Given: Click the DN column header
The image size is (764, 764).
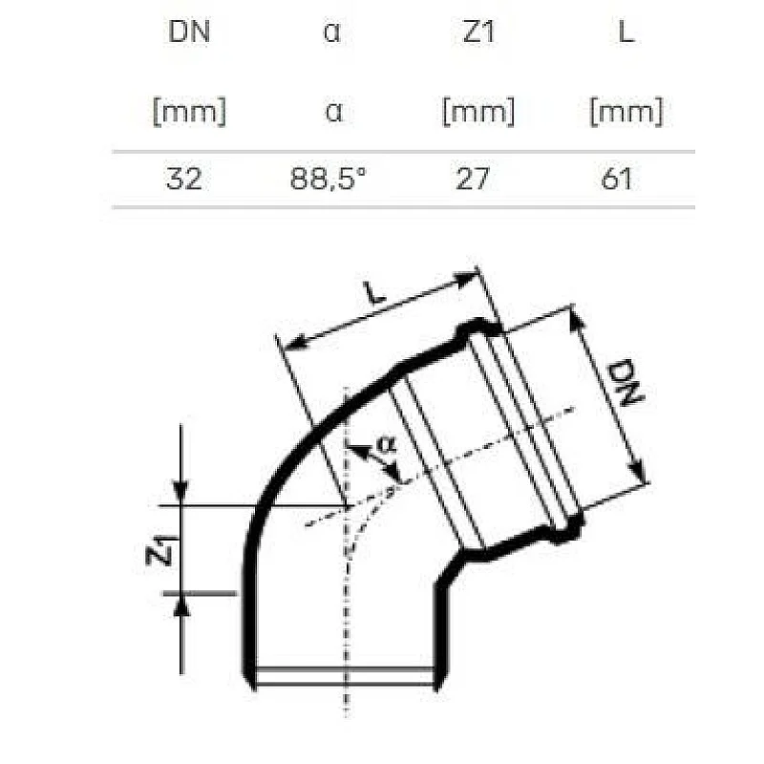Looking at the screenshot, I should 188,32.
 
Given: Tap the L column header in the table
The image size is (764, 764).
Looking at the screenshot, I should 626,32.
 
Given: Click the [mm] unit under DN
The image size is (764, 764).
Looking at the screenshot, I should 188,113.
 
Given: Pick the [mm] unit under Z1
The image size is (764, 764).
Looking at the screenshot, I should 477,113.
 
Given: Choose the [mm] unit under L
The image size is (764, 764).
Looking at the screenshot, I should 626,113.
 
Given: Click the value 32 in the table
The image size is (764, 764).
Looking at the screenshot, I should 183,179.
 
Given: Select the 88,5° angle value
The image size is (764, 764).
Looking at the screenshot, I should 329,179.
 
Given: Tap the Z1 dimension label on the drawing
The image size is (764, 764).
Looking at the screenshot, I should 162,552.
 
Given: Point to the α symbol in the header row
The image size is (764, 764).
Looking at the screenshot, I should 331,32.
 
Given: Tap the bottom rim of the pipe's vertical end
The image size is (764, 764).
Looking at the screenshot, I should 346,678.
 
